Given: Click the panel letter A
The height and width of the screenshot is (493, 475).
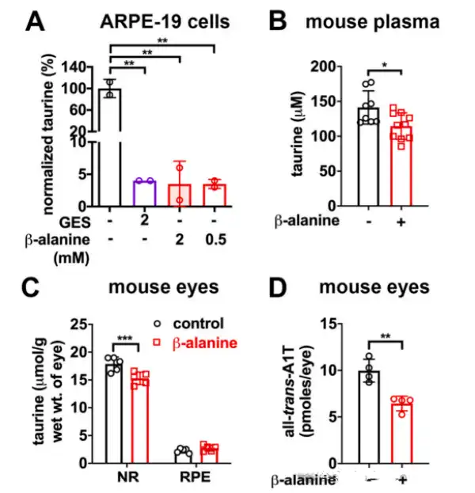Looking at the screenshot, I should [x=36, y=22].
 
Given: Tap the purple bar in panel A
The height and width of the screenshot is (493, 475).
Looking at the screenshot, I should [x=144, y=193].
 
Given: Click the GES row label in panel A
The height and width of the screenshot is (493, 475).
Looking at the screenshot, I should [x=71, y=219].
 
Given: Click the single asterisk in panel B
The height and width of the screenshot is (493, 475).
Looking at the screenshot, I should [x=385, y=63].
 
